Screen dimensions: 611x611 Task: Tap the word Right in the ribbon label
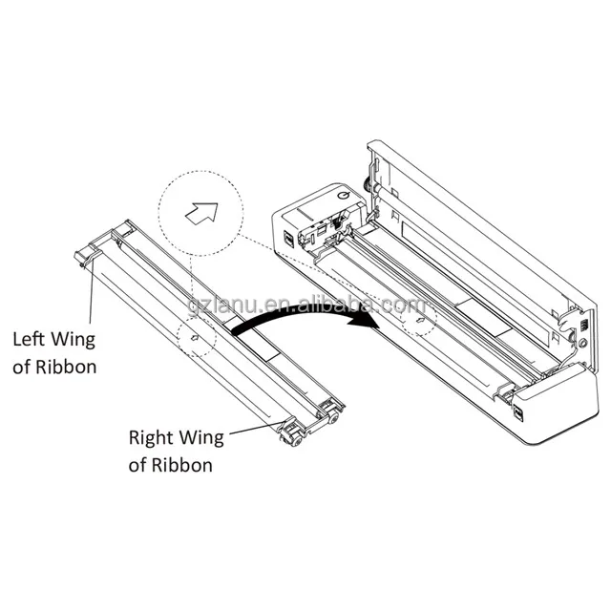151,438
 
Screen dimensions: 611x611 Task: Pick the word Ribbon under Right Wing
182,466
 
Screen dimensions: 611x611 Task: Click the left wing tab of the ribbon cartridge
85,256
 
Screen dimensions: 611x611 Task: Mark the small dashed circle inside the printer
418,322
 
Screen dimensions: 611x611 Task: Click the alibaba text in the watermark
383,305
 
